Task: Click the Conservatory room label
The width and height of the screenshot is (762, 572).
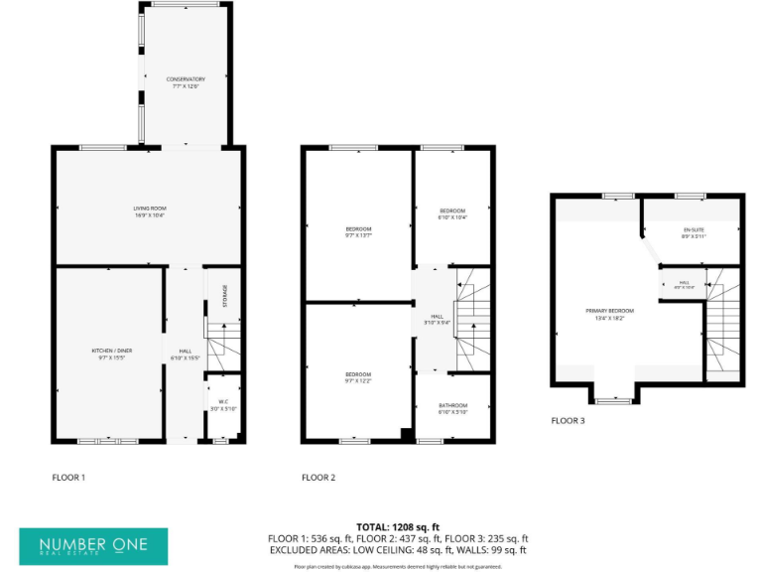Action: [186, 81]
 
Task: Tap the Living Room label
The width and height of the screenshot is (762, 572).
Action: [148, 211]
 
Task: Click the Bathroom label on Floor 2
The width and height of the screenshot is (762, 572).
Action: [453, 408]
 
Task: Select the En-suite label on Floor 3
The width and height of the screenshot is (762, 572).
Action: [693, 233]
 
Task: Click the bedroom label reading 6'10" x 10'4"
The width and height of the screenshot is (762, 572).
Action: [452, 214]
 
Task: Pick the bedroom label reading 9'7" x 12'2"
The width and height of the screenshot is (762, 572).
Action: [357, 374]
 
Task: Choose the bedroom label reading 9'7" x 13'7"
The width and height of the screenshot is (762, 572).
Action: [357, 231]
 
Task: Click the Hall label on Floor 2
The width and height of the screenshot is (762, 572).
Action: [431, 320]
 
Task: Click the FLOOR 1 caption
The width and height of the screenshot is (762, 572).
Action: [68, 478]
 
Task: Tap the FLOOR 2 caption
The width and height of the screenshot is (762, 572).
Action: [318, 478]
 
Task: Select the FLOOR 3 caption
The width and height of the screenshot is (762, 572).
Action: [569, 420]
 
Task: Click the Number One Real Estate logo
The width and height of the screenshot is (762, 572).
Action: [94, 546]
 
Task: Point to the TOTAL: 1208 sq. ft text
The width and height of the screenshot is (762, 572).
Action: [398, 526]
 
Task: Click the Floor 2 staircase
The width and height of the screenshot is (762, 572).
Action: [471, 318]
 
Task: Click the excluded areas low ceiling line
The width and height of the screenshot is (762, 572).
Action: [398, 549]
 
